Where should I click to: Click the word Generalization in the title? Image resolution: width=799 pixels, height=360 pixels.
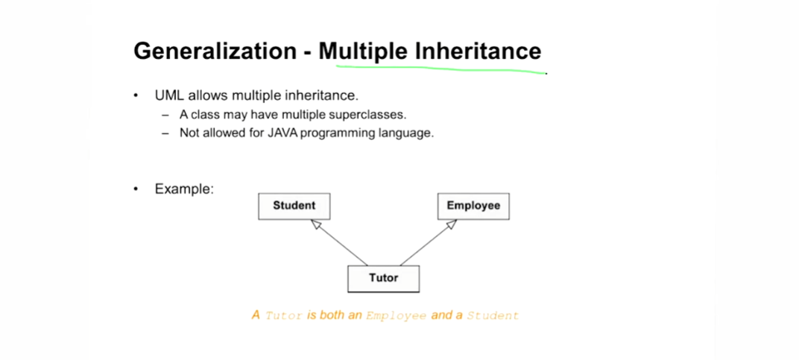(215, 51)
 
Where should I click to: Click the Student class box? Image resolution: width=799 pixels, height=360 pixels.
(294, 206)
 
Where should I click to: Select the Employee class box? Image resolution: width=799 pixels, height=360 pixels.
(473, 206)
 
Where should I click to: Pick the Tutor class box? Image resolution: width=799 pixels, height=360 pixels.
(383, 279)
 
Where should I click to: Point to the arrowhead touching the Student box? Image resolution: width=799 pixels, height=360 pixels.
(316, 224)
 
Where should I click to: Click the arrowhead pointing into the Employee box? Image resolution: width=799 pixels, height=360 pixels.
(451, 224)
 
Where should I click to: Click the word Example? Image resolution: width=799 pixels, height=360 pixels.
(184, 189)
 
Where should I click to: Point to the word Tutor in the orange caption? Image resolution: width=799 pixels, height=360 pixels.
(284, 315)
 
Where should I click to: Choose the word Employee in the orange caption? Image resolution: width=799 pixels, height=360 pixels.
(397, 315)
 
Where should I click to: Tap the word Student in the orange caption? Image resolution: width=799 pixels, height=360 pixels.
(493, 315)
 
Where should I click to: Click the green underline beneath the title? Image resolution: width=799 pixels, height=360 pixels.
(440, 69)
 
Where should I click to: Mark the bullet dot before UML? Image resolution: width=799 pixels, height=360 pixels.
(136, 96)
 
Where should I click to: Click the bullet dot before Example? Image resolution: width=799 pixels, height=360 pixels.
(136, 189)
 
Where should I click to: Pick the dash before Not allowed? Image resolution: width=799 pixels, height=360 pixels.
(165, 133)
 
